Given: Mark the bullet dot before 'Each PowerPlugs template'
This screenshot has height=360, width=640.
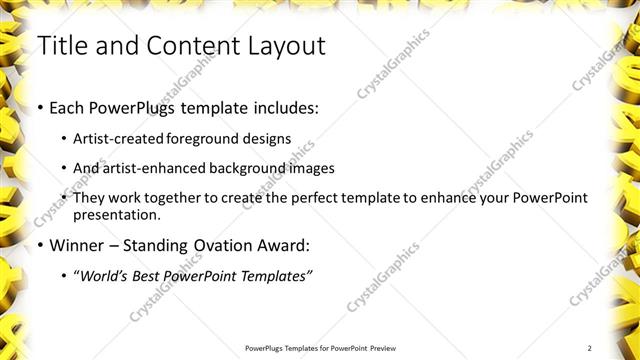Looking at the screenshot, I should [x=39, y=107].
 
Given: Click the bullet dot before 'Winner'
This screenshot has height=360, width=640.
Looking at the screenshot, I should [x=39, y=245].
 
